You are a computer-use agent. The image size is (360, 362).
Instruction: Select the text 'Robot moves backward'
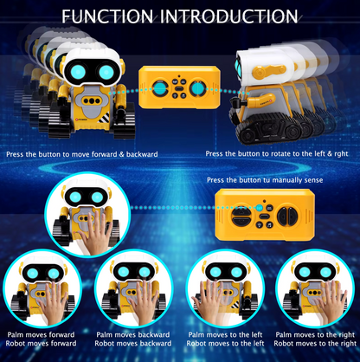132,344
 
